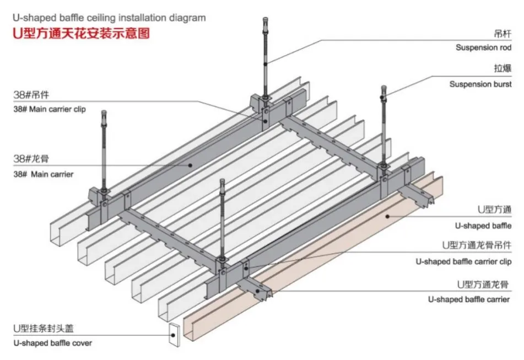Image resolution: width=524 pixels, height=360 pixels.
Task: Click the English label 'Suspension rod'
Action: (x=483, y=47)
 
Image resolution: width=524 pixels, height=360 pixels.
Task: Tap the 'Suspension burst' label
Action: (x=480, y=84)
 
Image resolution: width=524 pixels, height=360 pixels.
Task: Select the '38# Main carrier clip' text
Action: (x=50, y=109)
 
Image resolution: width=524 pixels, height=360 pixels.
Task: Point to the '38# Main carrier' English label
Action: (x=43, y=174)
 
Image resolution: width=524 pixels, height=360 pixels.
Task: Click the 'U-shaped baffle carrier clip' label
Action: (x=463, y=261)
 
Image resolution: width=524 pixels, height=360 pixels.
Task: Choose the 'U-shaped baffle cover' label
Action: (x=52, y=343)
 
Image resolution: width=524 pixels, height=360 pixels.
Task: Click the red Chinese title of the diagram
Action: (x=81, y=34)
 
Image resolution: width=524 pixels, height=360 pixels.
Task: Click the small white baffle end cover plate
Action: (x=174, y=334)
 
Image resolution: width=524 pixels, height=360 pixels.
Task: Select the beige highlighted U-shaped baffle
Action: (x=313, y=257)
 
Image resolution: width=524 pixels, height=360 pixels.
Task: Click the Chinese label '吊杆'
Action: (x=503, y=34)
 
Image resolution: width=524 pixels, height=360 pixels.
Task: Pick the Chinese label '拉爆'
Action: (x=503, y=68)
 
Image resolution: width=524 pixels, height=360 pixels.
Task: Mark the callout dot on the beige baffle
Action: (x=388, y=216)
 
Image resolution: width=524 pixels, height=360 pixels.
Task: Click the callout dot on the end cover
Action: (x=173, y=335)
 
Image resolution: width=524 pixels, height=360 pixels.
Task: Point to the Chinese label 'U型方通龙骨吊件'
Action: (x=477, y=245)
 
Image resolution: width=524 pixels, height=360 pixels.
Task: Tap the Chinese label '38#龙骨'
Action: (x=31, y=158)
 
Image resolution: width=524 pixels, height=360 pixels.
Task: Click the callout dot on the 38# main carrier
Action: (x=190, y=165)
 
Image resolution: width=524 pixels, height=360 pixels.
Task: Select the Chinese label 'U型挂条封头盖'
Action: (x=44, y=329)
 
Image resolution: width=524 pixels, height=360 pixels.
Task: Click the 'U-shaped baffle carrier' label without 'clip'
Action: (x=469, y=299)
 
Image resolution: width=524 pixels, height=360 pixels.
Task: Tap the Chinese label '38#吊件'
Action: (x=31, y=95)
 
